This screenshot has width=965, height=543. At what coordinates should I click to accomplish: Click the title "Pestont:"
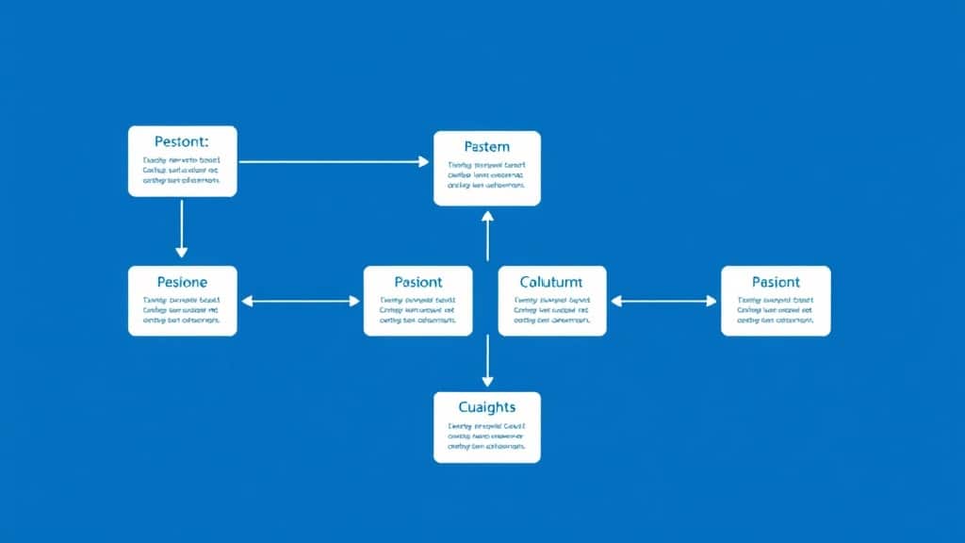(182, 141)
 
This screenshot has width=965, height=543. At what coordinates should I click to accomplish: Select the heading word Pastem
(487, 146)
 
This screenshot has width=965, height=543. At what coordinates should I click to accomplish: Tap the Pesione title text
(182, 282)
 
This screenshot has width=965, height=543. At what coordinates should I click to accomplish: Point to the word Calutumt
(552, 282)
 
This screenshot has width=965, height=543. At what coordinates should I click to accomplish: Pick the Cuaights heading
(487, 407)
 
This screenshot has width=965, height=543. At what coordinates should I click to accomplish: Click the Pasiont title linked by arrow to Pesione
(417, 282)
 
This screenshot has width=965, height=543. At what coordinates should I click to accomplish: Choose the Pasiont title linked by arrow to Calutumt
(776, 282)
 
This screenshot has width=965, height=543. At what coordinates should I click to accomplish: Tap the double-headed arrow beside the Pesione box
(301, 302)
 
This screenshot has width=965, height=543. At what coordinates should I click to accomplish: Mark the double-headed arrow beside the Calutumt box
(663, 302)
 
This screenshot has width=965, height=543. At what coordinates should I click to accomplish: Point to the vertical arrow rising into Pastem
(487, 236)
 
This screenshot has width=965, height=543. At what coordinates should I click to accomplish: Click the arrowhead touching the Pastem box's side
(424, 162)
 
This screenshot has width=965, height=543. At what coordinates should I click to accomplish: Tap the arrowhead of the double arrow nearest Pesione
(247, 302)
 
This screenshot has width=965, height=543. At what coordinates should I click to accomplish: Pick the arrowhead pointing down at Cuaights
(487, 381)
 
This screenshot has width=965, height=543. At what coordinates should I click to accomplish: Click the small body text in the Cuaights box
(487, 437)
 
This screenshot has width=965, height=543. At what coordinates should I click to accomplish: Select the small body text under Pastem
(487, 175)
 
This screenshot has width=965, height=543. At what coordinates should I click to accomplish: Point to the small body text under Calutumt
(552, 310)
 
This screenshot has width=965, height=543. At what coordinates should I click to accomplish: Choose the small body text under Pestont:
(182, 171)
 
